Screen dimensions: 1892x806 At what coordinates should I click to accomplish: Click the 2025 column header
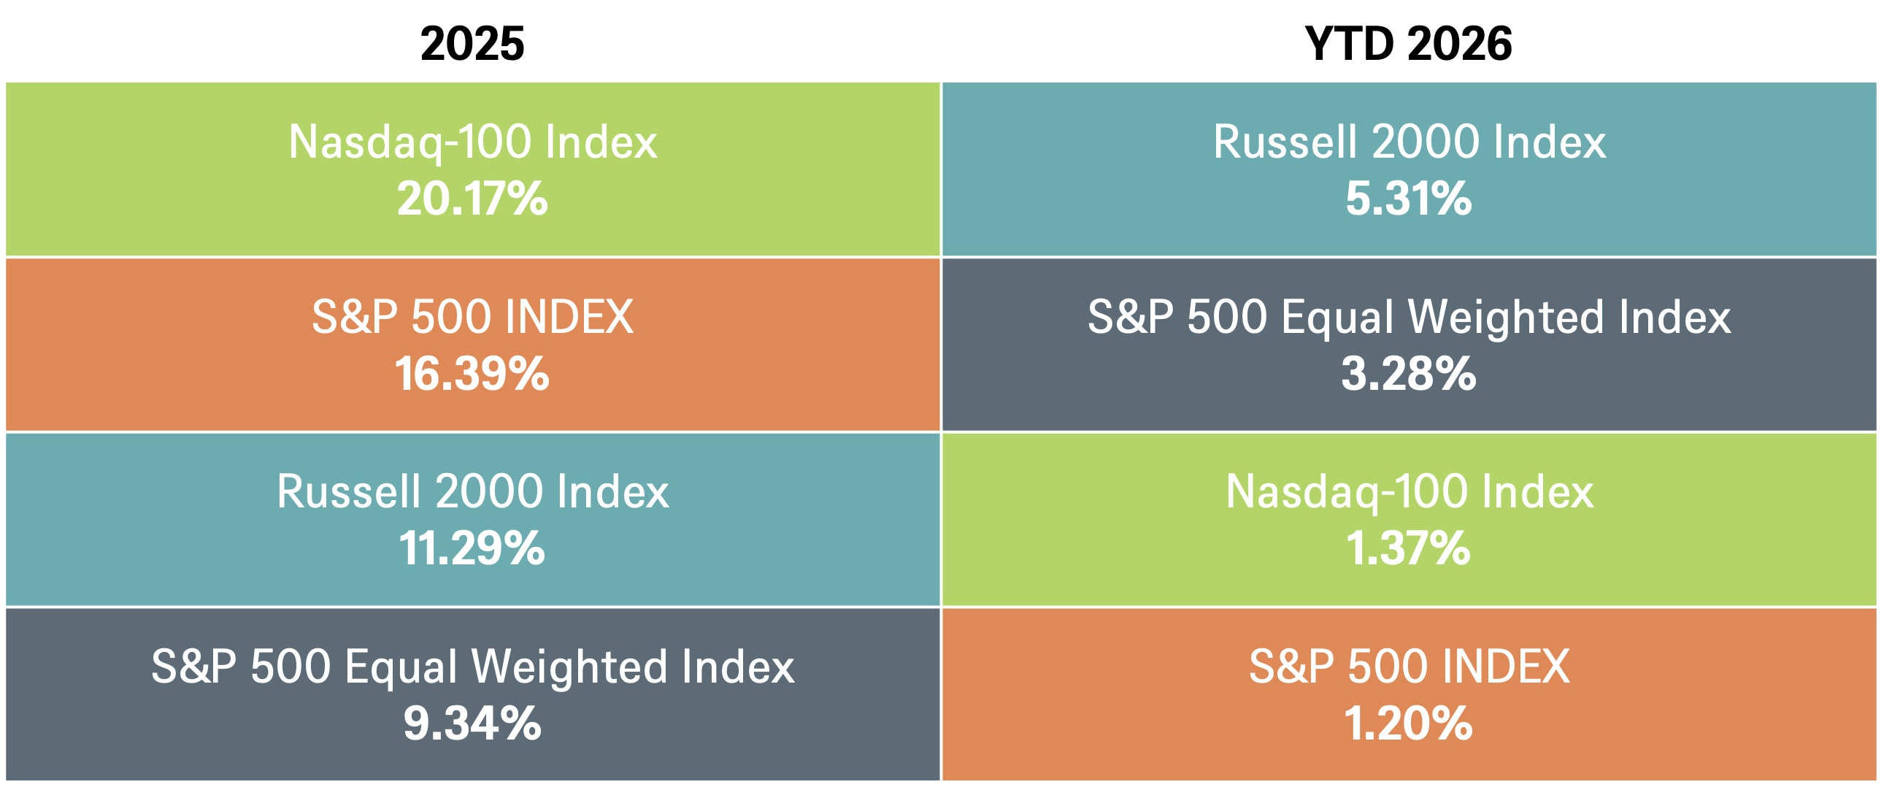472,43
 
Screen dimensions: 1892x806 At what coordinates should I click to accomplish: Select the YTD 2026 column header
1408,43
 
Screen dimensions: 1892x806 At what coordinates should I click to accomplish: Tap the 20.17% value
472,199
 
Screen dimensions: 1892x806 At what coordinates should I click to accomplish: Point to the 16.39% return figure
472,373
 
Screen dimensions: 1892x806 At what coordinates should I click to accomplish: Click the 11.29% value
472,548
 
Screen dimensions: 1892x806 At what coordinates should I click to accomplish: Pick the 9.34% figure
472,723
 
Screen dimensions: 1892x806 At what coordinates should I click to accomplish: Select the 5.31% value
1409,199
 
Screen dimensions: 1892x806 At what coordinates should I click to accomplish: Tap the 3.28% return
1409,373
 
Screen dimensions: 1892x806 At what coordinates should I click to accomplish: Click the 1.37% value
1408,548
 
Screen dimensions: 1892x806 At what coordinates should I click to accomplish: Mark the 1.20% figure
1408,723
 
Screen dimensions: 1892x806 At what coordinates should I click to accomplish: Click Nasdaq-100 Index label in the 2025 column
473,142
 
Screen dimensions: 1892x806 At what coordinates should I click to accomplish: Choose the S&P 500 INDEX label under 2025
472,317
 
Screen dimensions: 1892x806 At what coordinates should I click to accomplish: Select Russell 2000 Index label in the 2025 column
473,491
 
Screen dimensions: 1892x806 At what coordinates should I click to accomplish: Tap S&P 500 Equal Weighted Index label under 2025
473,667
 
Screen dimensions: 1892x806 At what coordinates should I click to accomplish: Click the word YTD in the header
1348,43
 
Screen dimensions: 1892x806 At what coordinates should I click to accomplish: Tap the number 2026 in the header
1460,43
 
